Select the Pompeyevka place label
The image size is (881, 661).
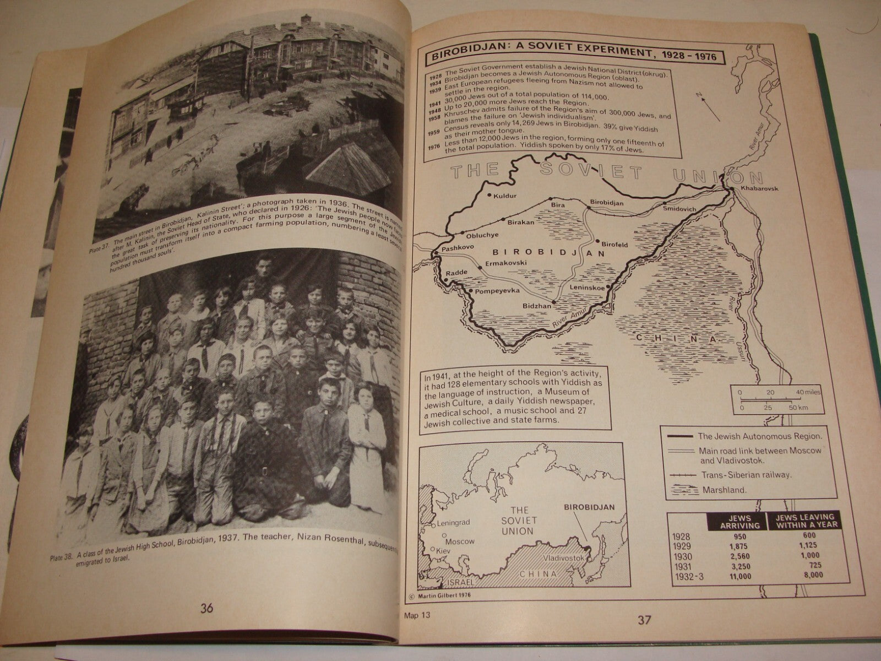(494, 290)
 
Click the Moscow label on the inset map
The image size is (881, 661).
(459, 540)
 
